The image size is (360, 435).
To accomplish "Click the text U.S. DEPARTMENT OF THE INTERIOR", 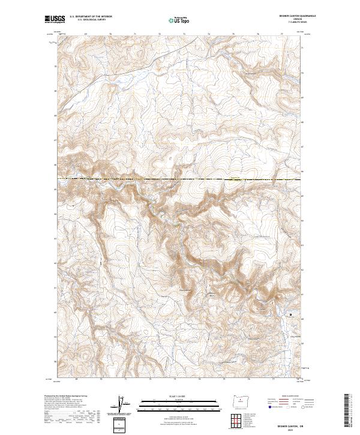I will click(x=91, y=17).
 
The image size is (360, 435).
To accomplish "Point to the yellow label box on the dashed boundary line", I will click(x=236, y=178).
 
